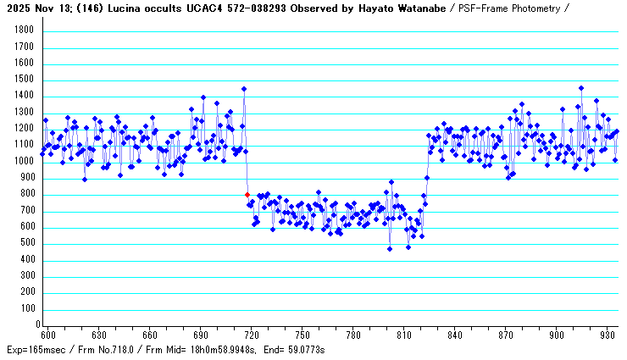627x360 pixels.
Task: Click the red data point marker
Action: click(x=247, y=195)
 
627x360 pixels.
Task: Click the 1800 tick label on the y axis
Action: click(x=24, y=30)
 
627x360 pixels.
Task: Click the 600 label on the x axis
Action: click(x=48, y=335)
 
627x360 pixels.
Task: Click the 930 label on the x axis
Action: click(x=607, y=335)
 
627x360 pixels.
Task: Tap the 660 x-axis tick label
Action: click(x=149, y=335)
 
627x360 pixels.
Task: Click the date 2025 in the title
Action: click(x=18, y=8)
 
